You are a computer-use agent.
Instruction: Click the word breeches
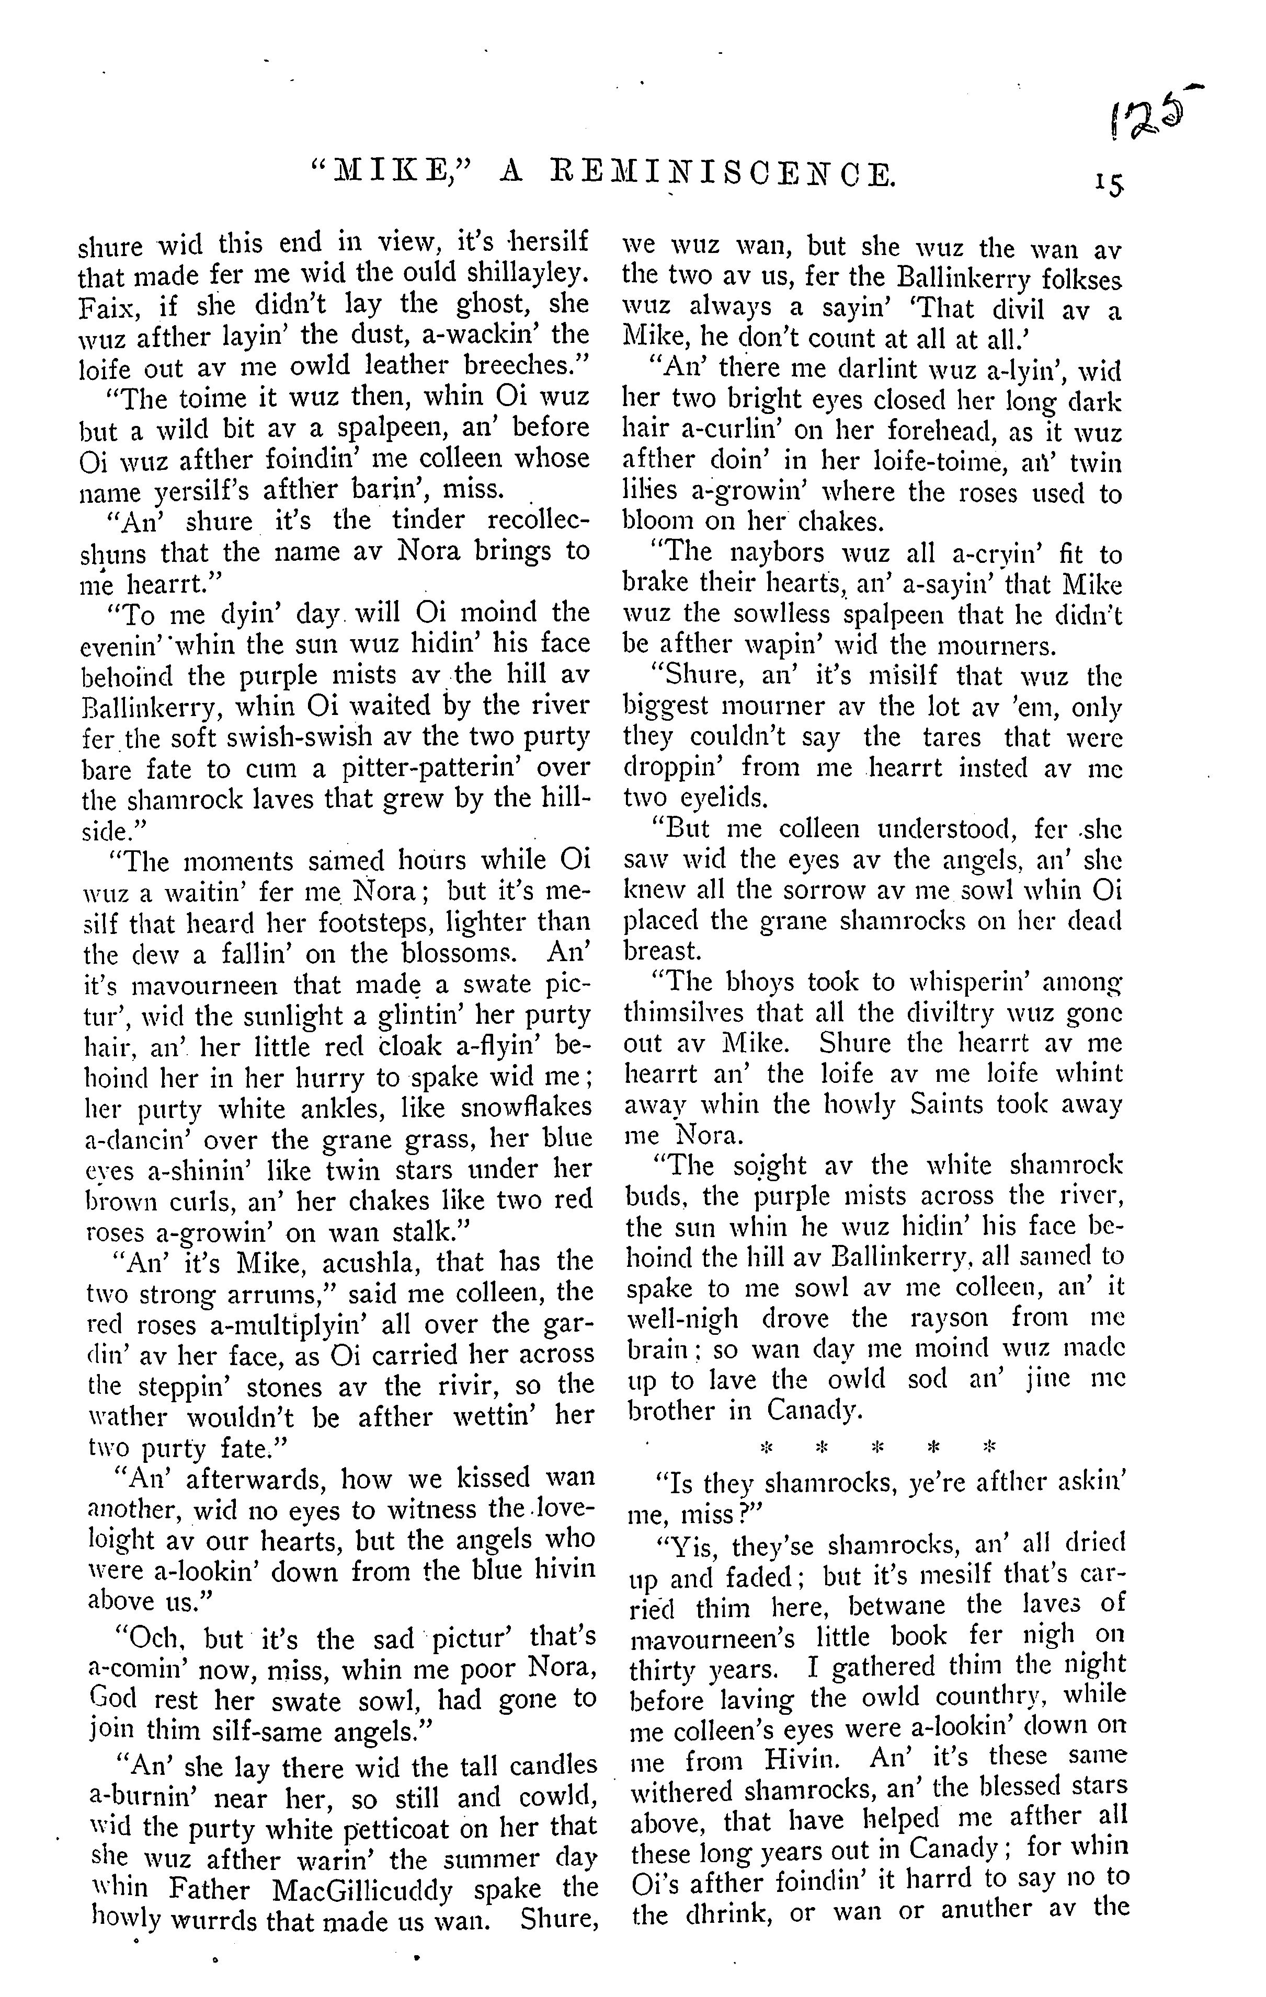coord(517,365)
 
